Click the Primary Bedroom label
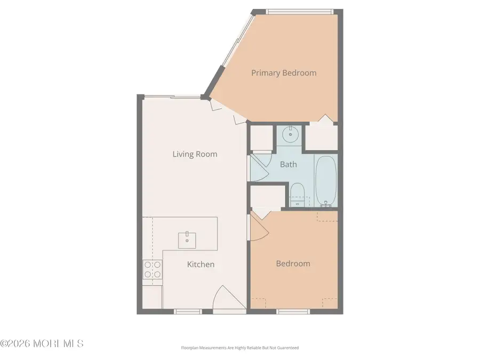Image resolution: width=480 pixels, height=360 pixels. click(284, 73)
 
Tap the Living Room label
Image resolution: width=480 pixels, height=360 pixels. click(195, 154)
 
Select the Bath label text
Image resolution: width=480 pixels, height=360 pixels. click(288, 164)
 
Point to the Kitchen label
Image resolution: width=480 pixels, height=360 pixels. click(201, 264)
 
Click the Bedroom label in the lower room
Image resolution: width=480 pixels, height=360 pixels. click(293, 263)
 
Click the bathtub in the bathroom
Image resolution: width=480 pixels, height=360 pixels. click(325, 180)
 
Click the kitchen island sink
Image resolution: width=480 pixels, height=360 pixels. click(187, 238)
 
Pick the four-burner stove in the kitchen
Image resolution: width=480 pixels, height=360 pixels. click(152, 269)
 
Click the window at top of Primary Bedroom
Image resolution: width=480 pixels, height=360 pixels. click(300, 11)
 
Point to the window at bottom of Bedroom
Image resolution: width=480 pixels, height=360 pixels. click(293, 310)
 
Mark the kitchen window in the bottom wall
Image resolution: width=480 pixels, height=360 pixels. click(188, 311)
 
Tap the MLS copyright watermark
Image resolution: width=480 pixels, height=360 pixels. click(42, 343)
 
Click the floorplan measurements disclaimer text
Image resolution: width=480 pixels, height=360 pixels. click(239, 348)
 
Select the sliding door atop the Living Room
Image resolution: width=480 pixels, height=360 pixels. click(171, 97)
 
